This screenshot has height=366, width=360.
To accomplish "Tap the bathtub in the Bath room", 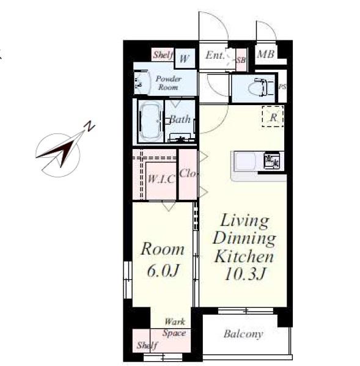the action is click(x=150, y=122).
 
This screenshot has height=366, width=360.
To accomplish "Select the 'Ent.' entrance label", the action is click(x=215, y=56).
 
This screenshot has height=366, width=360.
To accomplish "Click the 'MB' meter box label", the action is click(x=266, y=54).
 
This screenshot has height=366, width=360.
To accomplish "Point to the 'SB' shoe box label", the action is click(x=241, y=60).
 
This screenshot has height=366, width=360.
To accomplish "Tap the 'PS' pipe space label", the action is click(x=282, y=87).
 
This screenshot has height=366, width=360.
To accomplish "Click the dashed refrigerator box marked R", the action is click(x=273, y=116).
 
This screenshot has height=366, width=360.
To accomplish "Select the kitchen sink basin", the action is click(x=245, y=161).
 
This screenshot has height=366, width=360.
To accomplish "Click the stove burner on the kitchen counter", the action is click(x=271, y=160).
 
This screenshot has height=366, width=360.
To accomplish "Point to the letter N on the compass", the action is click(x=89, y=126).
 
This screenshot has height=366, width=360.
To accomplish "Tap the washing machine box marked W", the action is click(x=185, y=59).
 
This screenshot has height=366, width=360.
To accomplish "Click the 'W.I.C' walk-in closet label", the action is click(x=161, y=179).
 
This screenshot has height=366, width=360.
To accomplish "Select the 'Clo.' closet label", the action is click(x=188, y=174).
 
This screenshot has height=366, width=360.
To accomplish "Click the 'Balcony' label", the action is click(x=243, y=334).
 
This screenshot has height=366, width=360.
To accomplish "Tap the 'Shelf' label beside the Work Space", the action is click(x=147, y=345).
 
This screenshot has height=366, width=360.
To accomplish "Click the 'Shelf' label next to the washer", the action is click(x=163, y=55).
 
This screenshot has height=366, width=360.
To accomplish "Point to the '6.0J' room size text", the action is click(x=163, y=271).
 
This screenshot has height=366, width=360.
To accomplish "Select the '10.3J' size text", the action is click(x=245, y=273).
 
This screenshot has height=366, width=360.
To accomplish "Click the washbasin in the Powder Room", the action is click(x=141, y=82).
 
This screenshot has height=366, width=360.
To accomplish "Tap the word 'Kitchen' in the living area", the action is click(x=244, y=256).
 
